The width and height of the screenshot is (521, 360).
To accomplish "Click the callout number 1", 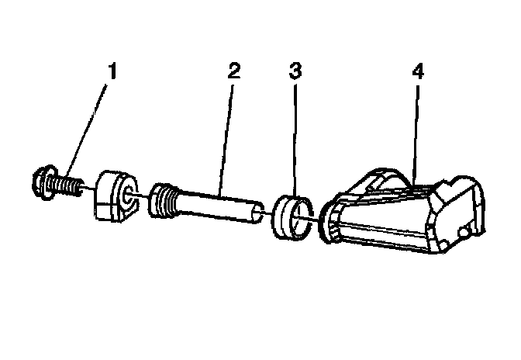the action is pyautogui.click(x=113, y=72).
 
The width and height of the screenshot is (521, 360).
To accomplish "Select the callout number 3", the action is pyautogui.click(x=295, y=71).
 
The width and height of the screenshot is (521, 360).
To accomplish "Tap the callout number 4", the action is pyautogui.click(x=418, y=72).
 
